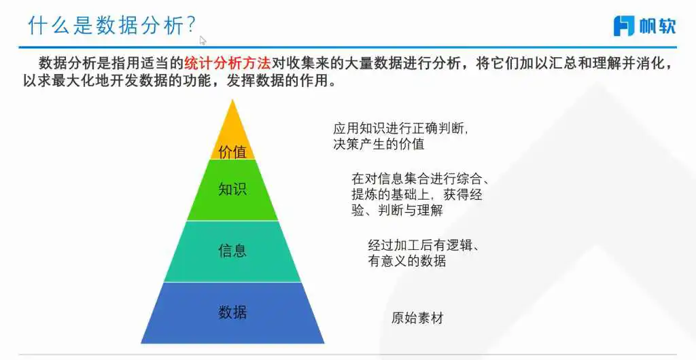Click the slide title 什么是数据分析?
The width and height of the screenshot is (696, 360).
click(112, 26)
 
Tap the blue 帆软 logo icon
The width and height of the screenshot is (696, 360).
click(624, 26)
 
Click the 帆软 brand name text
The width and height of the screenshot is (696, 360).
click(657, 26)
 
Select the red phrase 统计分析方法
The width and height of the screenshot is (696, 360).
click(227, 63)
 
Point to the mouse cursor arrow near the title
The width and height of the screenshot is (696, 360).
click(203, 40)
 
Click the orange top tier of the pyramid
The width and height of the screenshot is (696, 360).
click(232, 133)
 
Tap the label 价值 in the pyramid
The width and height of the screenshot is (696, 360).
click(232, 152)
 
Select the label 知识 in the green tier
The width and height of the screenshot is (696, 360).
click(232, 190)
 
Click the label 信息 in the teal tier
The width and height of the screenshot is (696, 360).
click(232, 251)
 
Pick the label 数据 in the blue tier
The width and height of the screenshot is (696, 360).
click(232, 312)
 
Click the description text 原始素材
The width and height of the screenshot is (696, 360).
click(417, 318)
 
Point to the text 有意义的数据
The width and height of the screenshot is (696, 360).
click(406, 261)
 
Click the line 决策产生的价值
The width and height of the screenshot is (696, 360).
click(379, 143)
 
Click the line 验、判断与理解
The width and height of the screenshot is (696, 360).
click(397, 210)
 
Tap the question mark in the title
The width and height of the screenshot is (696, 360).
click(191, 26)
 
